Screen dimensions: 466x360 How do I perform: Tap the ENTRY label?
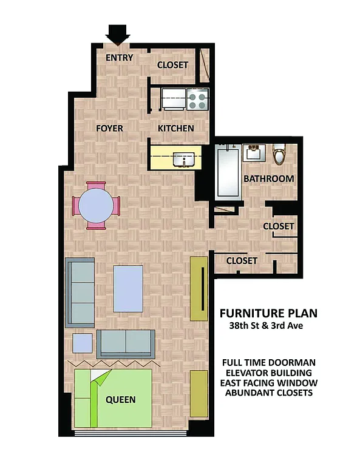(x=119, y=58)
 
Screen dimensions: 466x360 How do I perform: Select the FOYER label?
(x=109, y=128)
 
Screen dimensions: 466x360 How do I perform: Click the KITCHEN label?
(x=175, y=128)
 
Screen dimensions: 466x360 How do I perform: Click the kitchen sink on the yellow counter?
(x=183, y=159)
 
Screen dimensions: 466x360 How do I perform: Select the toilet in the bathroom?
(x=279, y=155)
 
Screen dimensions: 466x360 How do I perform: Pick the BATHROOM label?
(x=268, y=179)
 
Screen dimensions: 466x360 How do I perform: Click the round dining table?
(x=96, y=206)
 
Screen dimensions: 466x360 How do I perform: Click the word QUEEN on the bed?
(x=120, y=399)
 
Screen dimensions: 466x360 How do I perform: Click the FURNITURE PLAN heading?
(x=268, y=313)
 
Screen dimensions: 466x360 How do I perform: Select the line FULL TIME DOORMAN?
(x=268, y=362)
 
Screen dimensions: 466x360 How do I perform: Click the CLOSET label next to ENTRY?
(x=173, y=65)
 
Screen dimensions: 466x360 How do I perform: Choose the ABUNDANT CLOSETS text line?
(x=268, y=393)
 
